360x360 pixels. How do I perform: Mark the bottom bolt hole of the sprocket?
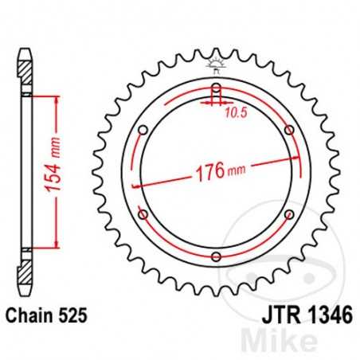pos(216,256)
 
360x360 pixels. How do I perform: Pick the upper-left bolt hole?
pos(143,130)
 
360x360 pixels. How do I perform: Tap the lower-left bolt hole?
pos(143,214)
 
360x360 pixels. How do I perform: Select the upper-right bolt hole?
pos(288,130)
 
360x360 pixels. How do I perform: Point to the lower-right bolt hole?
pos(288,214)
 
